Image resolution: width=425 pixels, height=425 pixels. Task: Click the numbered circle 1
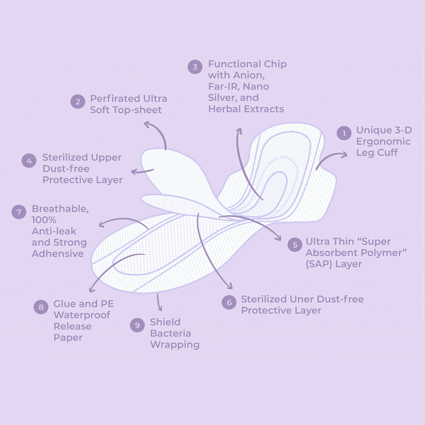pos(344,134)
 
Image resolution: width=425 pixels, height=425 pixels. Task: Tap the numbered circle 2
pos(78,102)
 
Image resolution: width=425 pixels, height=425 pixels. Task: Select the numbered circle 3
pos(195,67)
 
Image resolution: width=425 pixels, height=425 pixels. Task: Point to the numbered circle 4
pos(29,161)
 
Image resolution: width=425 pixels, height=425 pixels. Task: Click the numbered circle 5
pos(295,245)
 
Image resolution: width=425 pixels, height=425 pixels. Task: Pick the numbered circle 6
pos(229,302)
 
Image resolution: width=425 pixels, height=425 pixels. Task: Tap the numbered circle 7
pos(19,212)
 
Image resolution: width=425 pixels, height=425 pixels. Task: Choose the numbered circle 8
pos(41,307)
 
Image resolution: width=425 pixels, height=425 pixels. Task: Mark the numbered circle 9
pos(137,325)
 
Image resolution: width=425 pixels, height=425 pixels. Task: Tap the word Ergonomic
pos(383,142)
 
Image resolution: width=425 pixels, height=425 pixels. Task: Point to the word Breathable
pos(60,209)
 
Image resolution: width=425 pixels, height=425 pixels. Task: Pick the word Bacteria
pos(170,334)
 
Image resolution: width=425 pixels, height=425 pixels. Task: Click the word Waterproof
pos(82,315)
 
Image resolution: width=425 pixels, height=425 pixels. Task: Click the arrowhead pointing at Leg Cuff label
pos(345,154)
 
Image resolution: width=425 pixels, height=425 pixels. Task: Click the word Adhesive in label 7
pos(58,254)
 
